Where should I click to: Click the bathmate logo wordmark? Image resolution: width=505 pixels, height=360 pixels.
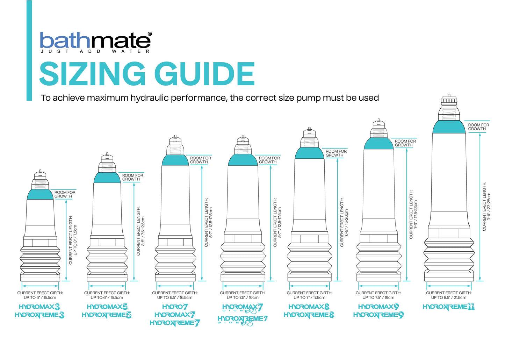pos(95,41)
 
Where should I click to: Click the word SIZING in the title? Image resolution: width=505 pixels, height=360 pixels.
pos(92,74)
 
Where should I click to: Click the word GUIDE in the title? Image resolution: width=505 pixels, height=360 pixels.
pos(204,74)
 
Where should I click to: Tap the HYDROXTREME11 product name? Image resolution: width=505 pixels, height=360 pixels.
pos(448,307)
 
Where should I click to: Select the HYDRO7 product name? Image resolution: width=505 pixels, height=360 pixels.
pos(175,307)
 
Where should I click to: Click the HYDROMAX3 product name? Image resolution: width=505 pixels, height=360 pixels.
pos(39,307)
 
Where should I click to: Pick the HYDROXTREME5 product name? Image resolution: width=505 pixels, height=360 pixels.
pos(107,315)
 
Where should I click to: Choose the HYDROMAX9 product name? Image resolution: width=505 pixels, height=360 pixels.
pos(378,307)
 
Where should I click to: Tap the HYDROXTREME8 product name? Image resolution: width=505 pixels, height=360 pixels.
pos(309,315)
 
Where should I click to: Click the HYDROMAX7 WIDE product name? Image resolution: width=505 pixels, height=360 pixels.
pos(243,308)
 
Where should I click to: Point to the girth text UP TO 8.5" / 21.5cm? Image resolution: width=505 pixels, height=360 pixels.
pos(449,298)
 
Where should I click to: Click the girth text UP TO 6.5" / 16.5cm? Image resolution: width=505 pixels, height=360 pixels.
pos(175,298)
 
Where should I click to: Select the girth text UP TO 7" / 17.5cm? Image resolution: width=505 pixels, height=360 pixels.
pos(309,298)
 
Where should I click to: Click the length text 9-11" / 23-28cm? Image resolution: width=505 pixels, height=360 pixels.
pos(489,206)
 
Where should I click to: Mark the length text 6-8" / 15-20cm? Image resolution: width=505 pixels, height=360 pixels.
pos(347,222)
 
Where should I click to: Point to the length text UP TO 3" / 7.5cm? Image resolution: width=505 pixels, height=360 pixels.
pos(75,239)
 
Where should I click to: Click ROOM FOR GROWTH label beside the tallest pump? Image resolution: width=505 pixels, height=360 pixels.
pos(478,127)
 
